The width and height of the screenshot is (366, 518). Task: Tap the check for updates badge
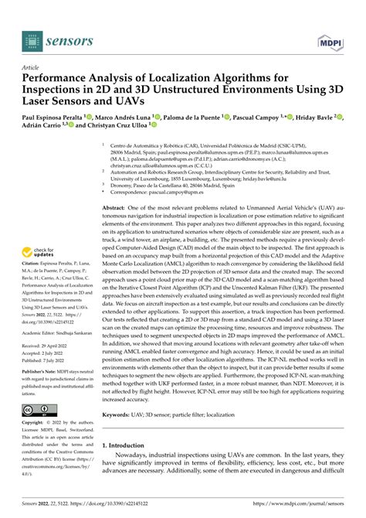(x=39, y=252)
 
